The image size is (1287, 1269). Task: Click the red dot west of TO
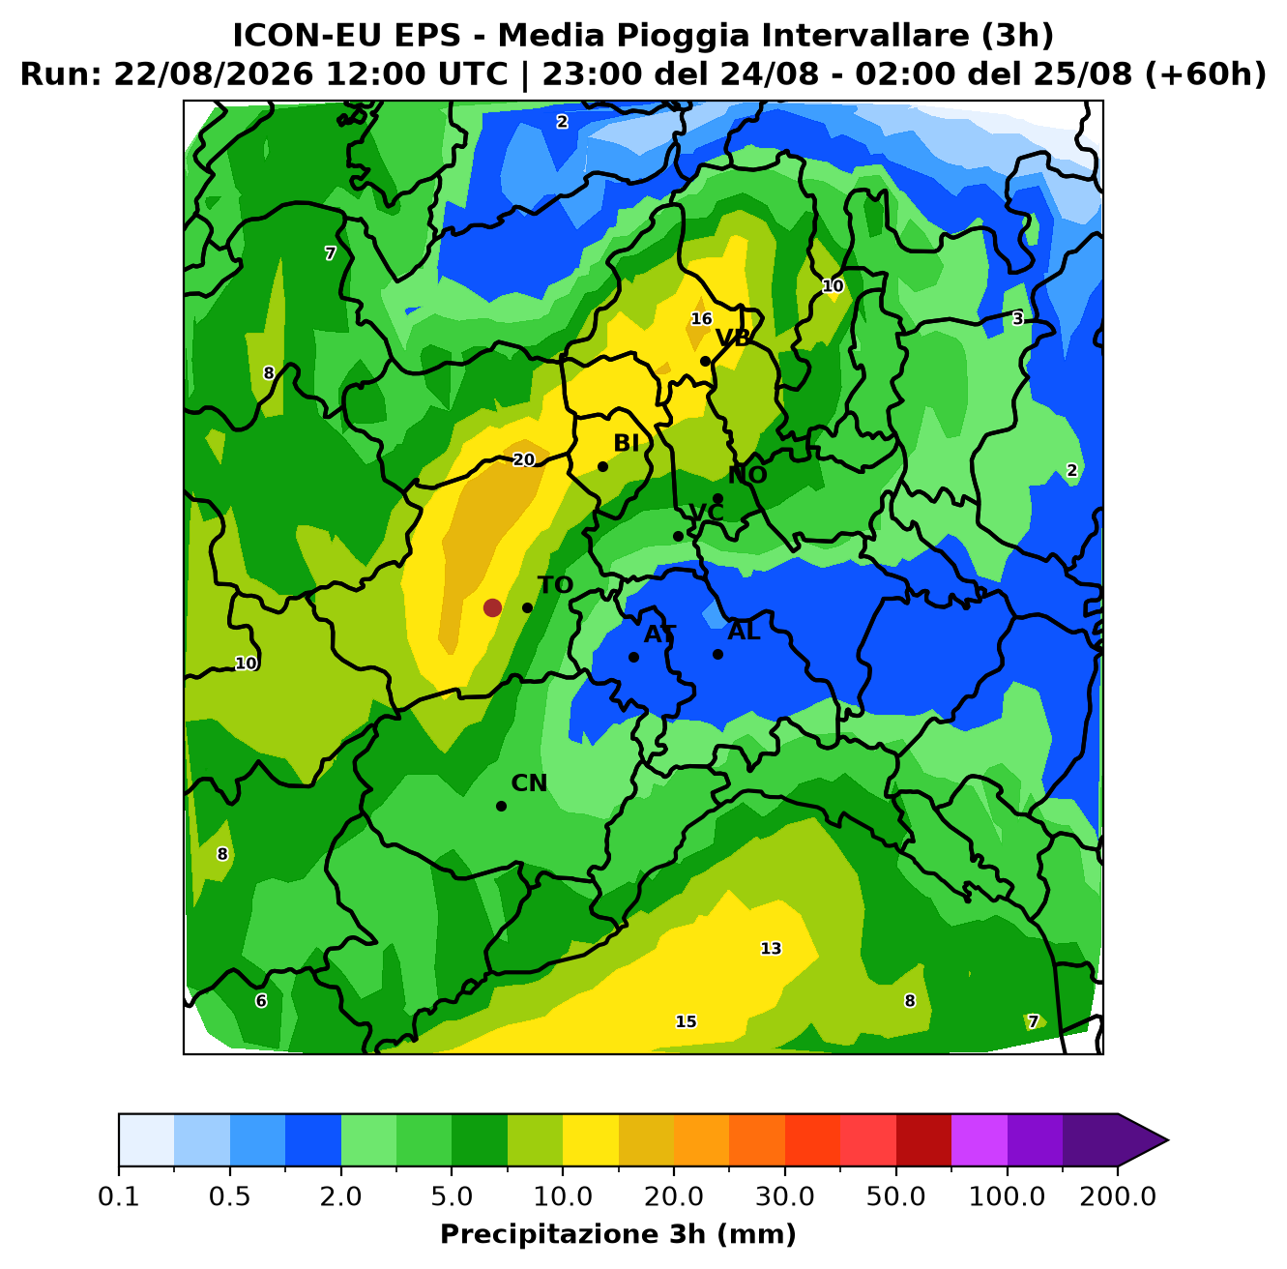tap(492, 607)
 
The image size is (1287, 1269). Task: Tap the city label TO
tap(556, 585)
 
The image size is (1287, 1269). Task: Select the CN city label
tap(529, 783)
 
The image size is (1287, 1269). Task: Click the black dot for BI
tap(602, 466)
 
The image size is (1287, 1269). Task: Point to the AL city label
tap(744, 631)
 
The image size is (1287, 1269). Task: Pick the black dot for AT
tap(633, 657)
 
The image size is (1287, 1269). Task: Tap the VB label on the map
tap(733, 339)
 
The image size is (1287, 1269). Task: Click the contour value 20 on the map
tap(524, 459)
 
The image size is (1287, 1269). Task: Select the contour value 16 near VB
tap(701, 319)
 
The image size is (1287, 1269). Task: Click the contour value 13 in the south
tap(771, 948)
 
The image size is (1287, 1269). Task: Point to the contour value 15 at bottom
tap(686, 1021)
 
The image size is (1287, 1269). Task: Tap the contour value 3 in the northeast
tap(1018, 319)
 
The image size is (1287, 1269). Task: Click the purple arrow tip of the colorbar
tap(1167, 1140)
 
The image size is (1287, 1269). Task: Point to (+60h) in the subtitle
tap(1206, 74)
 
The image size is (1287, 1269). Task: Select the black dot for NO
tap(718, 498)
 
